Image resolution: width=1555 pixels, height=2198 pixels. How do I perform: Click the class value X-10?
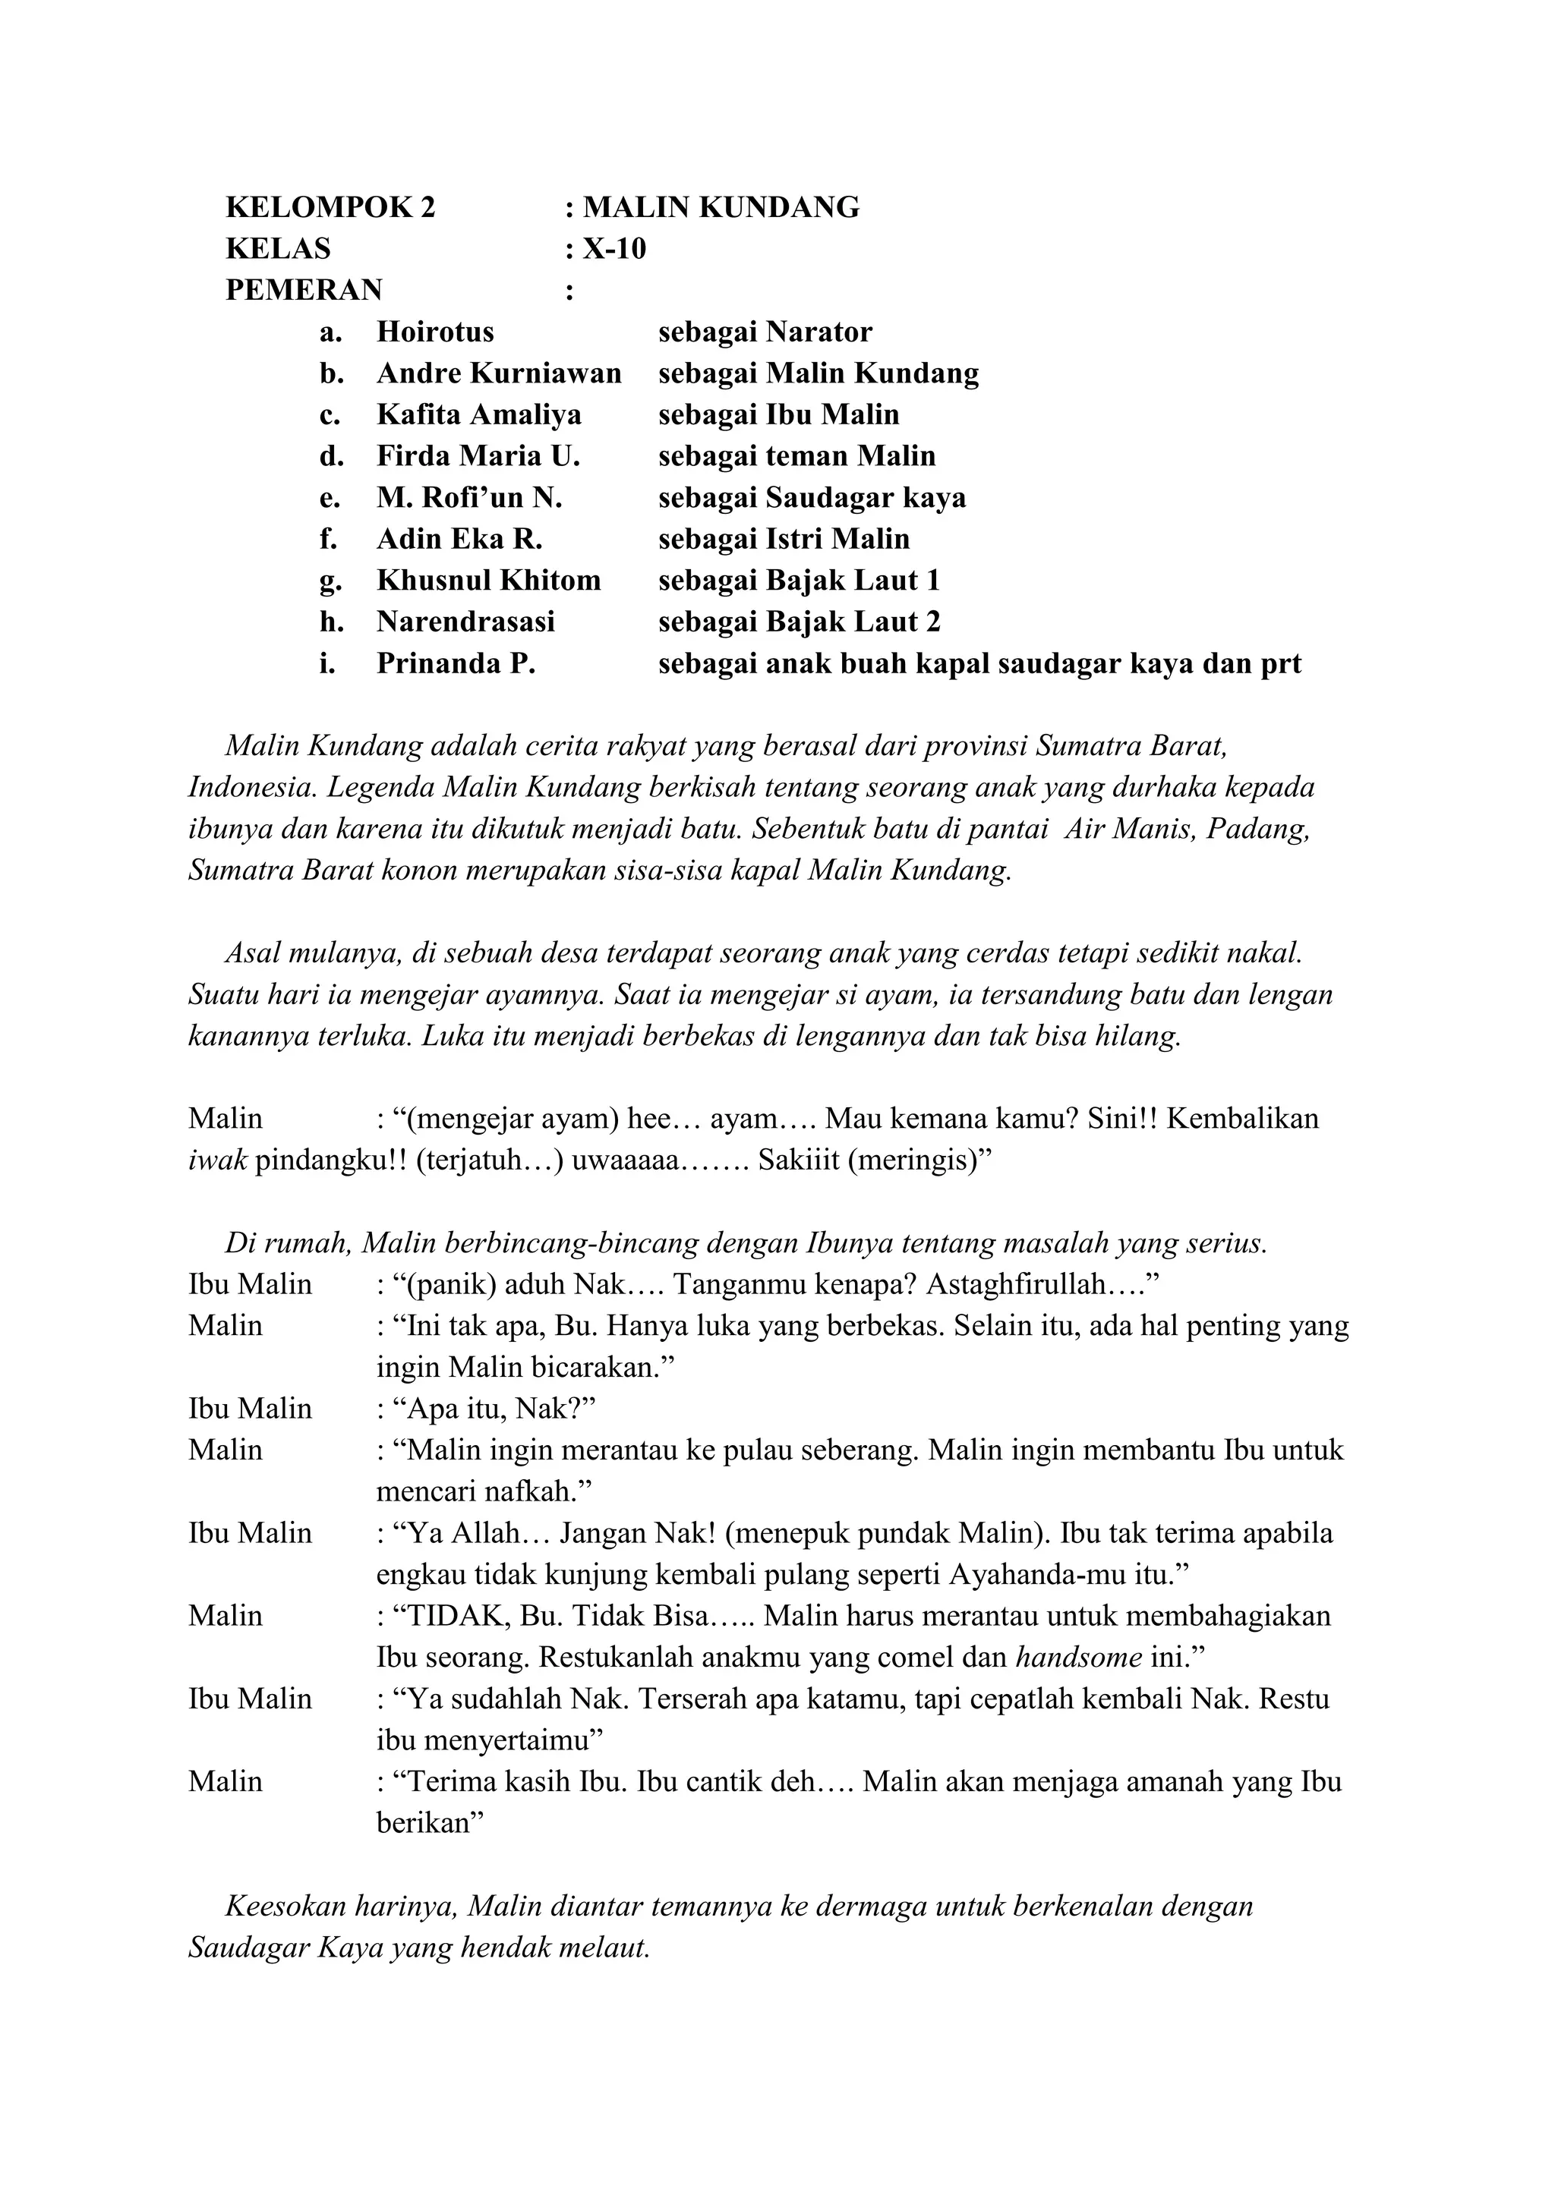615,249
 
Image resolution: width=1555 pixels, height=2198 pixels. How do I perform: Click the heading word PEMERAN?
304,290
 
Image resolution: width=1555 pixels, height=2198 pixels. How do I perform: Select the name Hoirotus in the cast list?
435,332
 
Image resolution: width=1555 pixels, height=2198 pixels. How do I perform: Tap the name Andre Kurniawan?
499,373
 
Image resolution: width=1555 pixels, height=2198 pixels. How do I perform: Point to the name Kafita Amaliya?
479,414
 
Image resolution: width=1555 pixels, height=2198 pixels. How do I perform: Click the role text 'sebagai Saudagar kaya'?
812,498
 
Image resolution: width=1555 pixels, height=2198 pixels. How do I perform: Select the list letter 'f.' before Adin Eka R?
329,539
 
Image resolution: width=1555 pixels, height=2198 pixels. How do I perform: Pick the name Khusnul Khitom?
488,580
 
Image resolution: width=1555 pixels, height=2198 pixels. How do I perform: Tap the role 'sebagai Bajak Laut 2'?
800,622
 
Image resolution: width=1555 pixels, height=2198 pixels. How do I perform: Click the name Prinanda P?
456,663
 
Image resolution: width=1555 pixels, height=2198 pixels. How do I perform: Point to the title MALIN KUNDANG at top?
721,208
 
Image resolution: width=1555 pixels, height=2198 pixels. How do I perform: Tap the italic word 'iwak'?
217,1160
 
